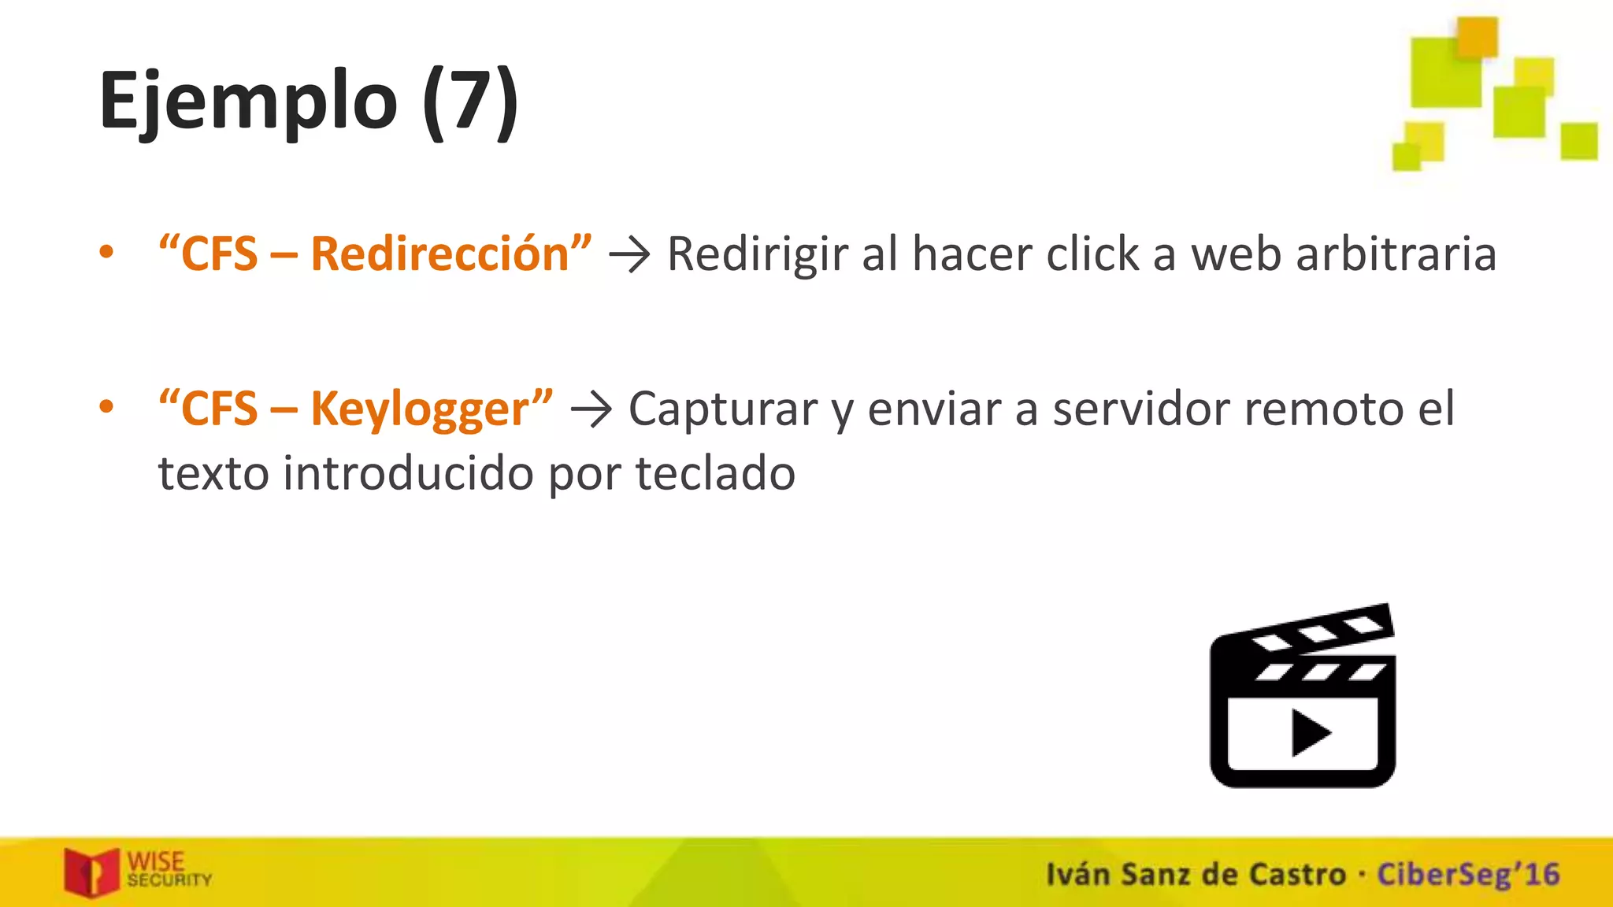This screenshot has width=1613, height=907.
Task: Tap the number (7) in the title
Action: point(470,102)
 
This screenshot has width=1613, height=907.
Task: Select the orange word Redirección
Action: point(439,254)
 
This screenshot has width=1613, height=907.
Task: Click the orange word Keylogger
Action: point(420,409)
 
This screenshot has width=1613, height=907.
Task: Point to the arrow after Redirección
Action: point(629,255)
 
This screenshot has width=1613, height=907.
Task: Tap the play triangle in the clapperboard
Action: point(1309,733)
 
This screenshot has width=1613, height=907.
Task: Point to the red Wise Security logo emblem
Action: point(91,872)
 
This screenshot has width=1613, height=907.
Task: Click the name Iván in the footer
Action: point(1077,874)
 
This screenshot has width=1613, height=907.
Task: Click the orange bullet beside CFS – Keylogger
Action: point(106,407)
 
